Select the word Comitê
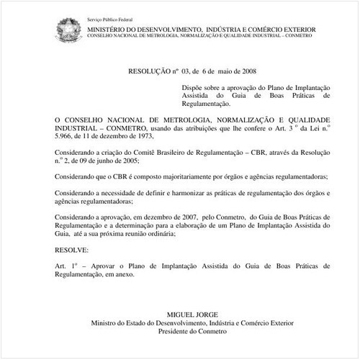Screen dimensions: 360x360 [x=125, y=153]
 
